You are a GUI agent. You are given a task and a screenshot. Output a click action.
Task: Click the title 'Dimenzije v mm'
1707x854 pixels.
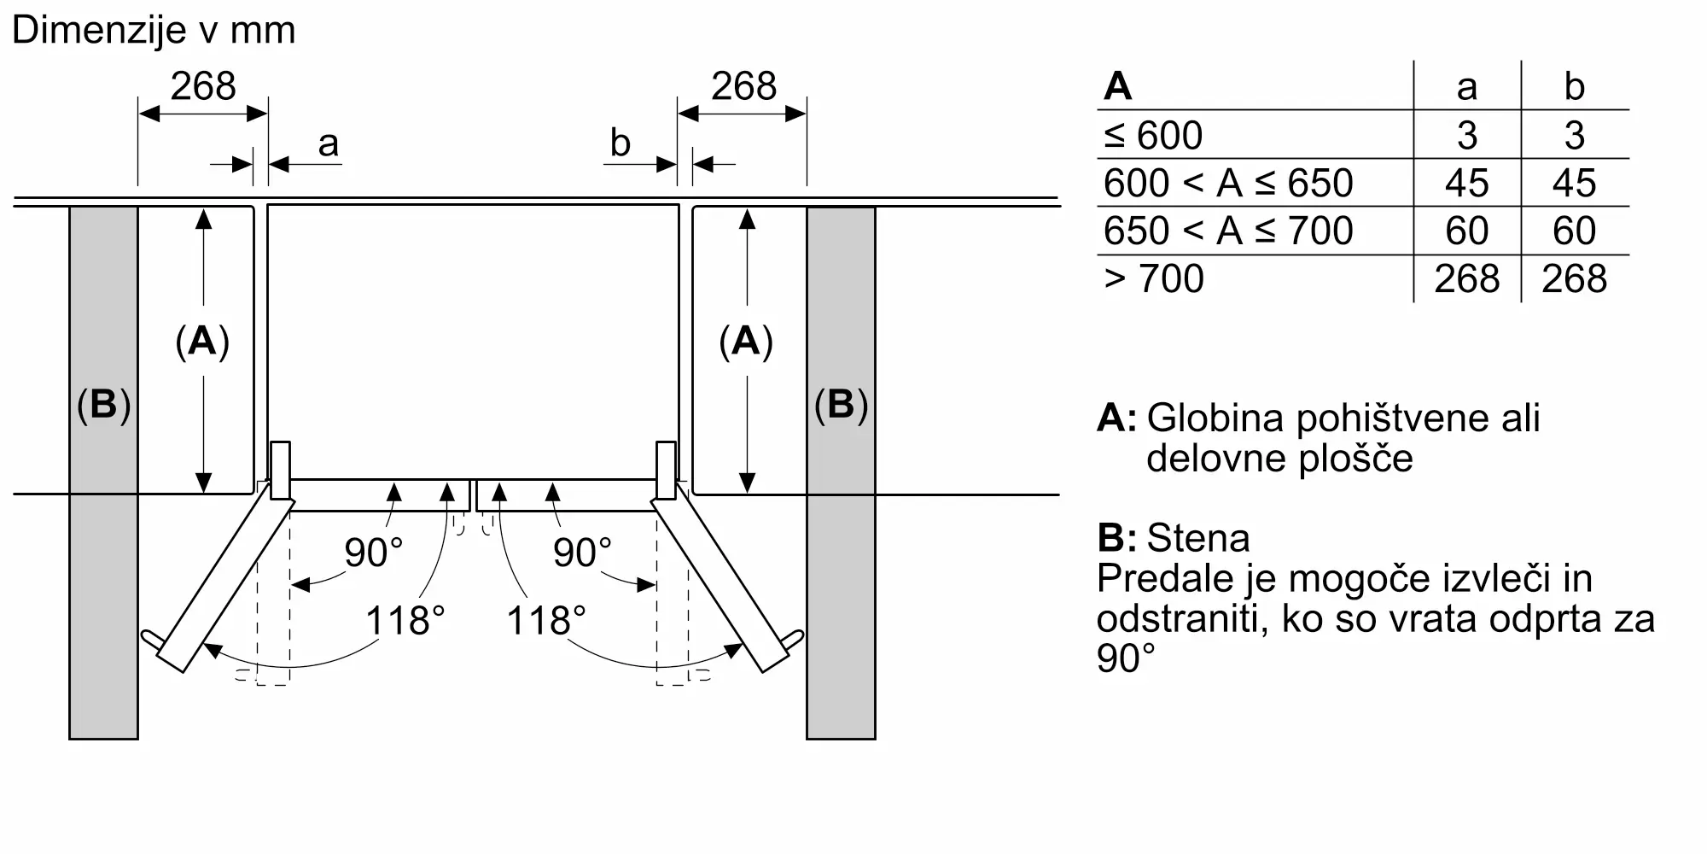point(154,31)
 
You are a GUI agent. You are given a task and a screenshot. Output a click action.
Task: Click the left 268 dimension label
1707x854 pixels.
point(203,86)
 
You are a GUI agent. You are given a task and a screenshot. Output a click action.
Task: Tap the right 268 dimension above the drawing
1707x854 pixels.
point(744,86)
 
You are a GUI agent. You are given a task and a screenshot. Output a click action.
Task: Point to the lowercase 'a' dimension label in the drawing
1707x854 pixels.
point(329,144)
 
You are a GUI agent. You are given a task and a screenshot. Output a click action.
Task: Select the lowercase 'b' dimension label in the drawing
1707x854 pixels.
point(620,143)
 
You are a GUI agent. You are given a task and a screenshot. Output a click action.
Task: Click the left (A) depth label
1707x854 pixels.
point(202,342)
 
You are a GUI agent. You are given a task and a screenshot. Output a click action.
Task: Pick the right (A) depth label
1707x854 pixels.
point(746,342)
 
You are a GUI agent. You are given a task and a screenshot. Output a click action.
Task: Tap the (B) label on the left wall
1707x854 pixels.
point(103,405)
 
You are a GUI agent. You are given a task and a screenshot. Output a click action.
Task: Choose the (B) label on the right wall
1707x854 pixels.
point(841,405)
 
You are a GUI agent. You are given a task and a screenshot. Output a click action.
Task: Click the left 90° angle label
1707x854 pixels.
point(373,553)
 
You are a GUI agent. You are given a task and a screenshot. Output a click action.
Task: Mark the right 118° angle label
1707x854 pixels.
point(546,620)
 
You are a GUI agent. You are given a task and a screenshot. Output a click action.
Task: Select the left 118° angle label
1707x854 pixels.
point(405,620)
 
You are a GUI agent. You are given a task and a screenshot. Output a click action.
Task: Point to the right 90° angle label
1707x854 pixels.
point(582,553)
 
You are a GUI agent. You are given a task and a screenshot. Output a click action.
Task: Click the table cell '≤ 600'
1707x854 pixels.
point(1153,135)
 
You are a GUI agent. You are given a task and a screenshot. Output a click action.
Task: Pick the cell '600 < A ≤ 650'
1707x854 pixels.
point(1228,183)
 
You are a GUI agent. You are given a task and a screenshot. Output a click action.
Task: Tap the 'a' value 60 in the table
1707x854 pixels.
point(1467,231)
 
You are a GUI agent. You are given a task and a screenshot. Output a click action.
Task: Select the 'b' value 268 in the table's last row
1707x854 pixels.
point(1575,278)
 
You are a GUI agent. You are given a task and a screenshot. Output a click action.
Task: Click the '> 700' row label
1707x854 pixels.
point(1154,278)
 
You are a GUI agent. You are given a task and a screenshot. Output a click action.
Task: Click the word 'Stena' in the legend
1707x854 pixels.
point(1198,538)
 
